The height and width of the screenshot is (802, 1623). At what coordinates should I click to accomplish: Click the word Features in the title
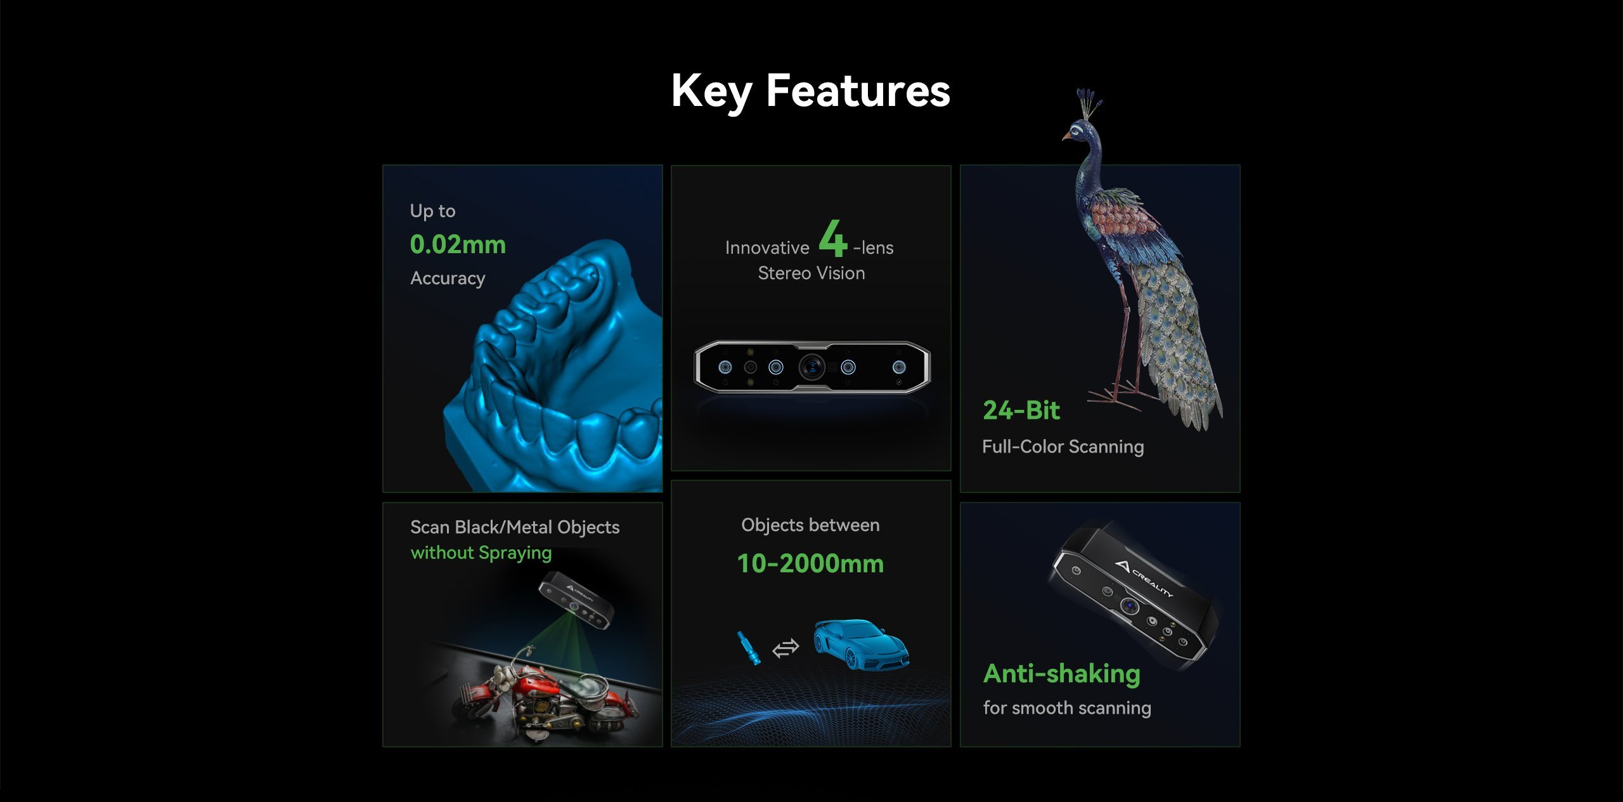pyautogui.click(x=858, y=90)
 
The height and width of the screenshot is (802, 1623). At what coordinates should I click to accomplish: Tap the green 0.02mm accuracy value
pyautogui.click(x=458, y=244)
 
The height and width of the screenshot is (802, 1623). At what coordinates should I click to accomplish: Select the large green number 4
pyautogui.click(x=832, y=238)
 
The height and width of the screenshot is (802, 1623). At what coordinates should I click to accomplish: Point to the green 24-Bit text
pyautogui.click(x=1021, y=411)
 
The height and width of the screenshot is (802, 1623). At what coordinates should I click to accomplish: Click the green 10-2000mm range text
pyautogui.click(x=810, y=563)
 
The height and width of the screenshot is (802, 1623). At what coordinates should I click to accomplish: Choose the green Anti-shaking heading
pyautogui.click(x=1062, y=674)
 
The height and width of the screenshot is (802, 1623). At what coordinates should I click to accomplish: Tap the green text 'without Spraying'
pyautogui.click(x=481, y=553)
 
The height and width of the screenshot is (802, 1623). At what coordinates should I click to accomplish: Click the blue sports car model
pyautogui.click(x=861, y=644)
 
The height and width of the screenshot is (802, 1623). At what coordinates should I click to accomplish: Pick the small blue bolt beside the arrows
pyautogui.click(x=747, y=648)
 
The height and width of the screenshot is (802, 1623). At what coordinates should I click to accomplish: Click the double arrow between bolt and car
pyautogui.click(x=786, y=648)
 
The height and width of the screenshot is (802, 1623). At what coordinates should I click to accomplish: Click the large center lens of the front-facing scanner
pyautogui.click(x=811, y=367)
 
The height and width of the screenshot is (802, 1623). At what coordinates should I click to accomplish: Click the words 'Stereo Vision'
pyautogui.click(x=811, y=273)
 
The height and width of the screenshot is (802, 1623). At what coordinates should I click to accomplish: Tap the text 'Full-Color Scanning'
pyautogui.click(x=1063, y=447)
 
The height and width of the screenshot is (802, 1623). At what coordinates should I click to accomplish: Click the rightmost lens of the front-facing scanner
pyautogui.click(x=899, y=367)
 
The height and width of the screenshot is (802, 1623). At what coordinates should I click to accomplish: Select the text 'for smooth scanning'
pyautogui.click(x=1067, y=708)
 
